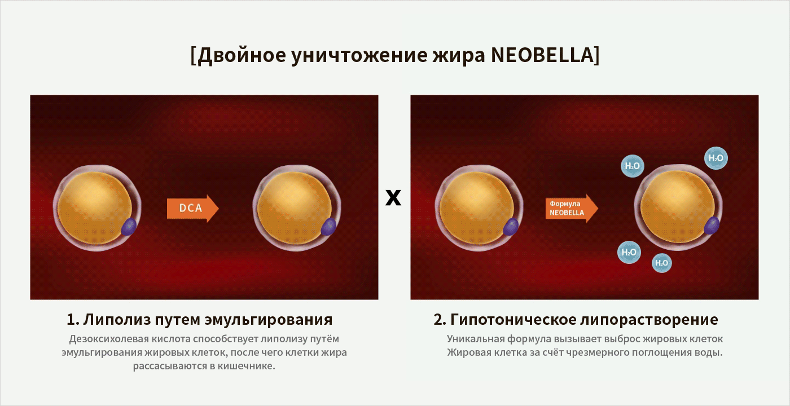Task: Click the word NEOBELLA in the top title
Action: [542, 55]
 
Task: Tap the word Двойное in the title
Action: [242, 56]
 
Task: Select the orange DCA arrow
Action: [192, 208]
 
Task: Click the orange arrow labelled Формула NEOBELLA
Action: [572, 208]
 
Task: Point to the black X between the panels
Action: [393, 197]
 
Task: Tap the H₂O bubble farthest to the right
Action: [716, 158]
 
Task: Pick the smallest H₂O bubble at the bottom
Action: [661, 263]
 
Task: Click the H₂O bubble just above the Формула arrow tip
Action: [633, 166]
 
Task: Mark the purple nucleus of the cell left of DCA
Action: [129, 227]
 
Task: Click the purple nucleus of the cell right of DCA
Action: [328, 227]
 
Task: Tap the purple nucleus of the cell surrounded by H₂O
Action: [712, 226]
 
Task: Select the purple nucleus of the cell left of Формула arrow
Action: [511, 227]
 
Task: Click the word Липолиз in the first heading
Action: [117, 320]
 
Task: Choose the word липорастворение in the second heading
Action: [649, 320]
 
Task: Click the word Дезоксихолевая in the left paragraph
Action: [109, 339]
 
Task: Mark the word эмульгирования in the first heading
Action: [269, 320]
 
